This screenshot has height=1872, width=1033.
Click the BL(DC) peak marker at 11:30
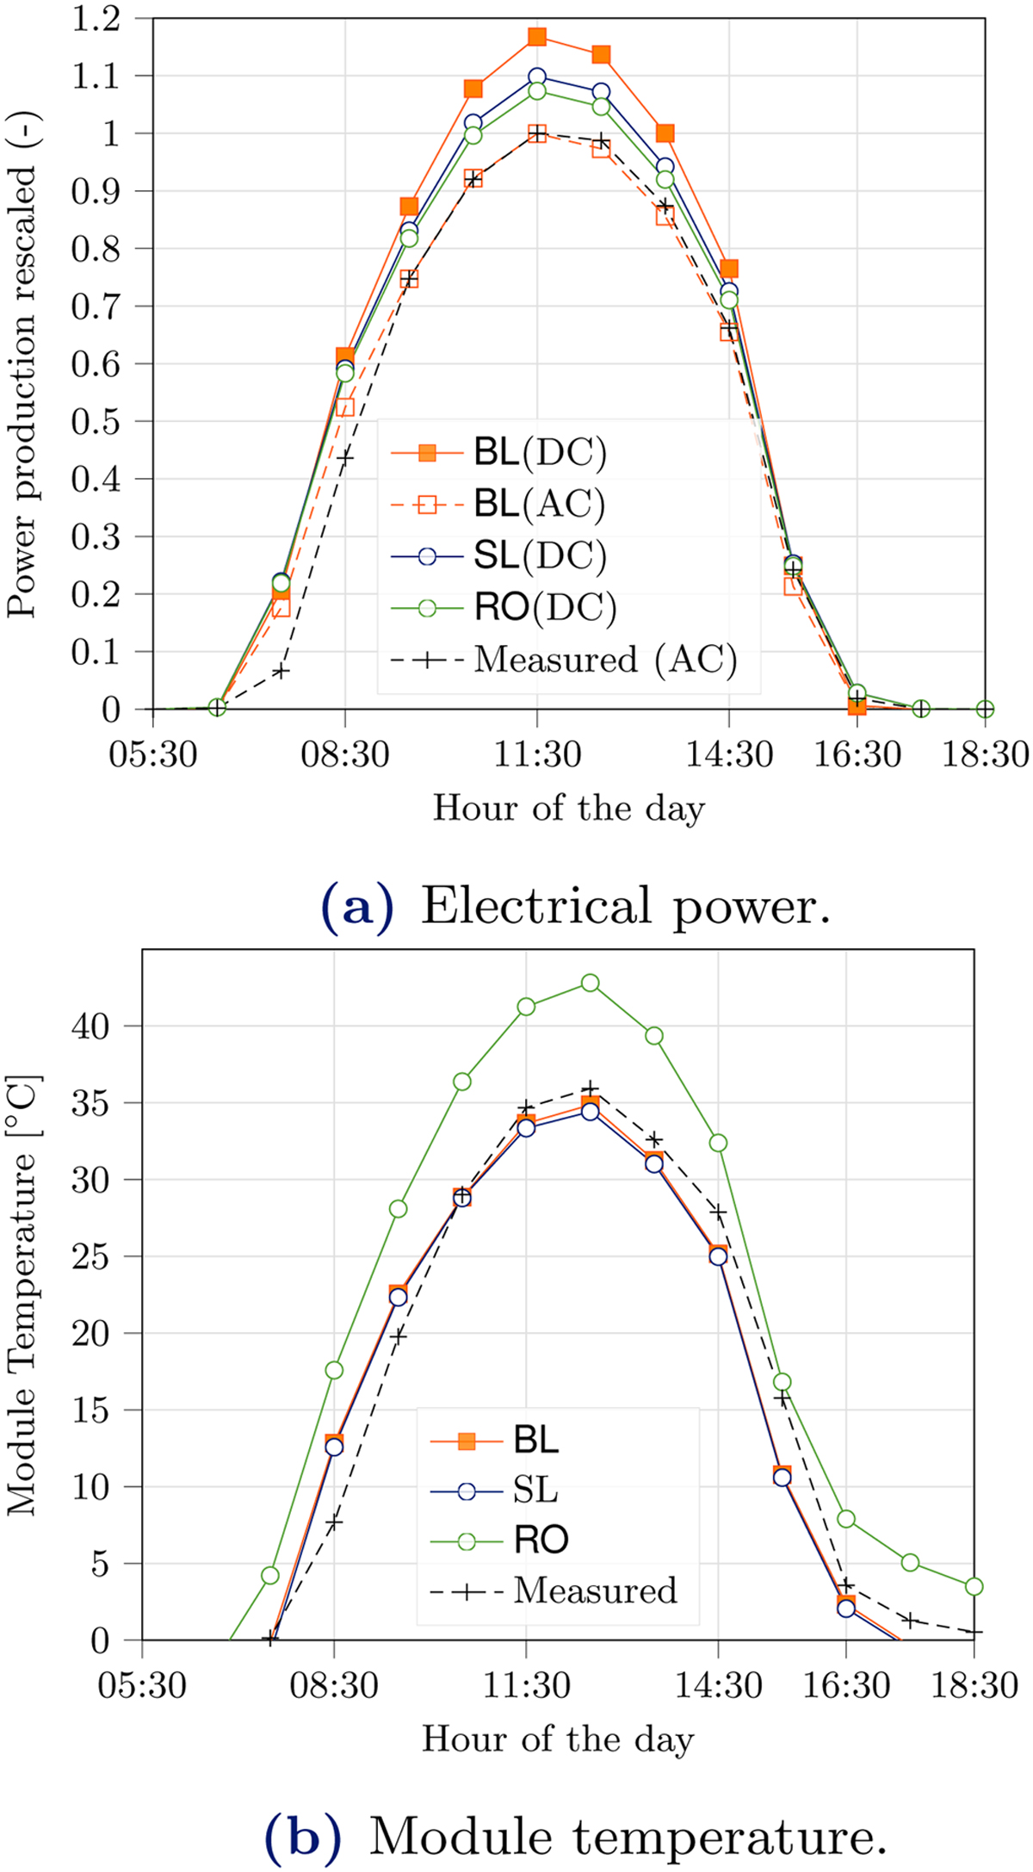coord(537,36)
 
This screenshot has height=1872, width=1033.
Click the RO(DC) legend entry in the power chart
coord(544,608)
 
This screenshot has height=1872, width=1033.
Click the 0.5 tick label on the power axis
coord(97,421)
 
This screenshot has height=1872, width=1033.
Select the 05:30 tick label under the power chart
coord(153,755)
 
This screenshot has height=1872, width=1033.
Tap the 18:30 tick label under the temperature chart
coord(974,1686)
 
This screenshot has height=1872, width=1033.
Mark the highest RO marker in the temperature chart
coord(590,982)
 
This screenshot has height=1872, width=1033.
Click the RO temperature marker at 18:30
coord(974,1586)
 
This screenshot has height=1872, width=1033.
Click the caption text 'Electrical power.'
coord(626,906)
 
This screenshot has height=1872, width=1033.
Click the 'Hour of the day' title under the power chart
coord(568,808)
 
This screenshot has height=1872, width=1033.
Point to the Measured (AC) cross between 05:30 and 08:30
coord(281,671)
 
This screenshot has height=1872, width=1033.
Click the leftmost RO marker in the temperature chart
coord(270,1576)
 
